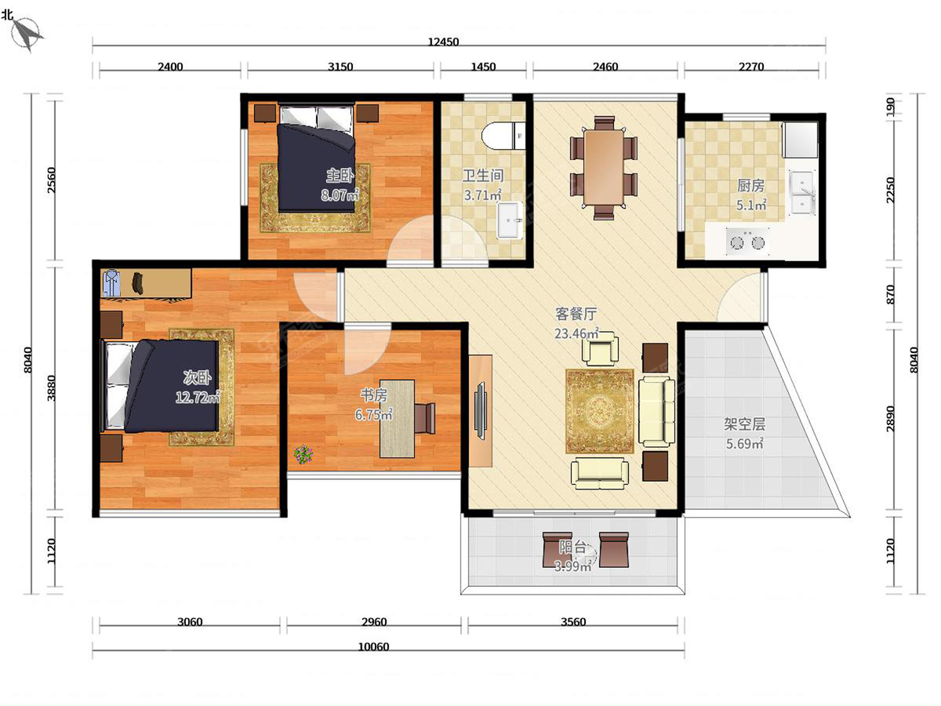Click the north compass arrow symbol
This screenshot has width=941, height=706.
tap(27, 34)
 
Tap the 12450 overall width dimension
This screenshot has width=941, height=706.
tap(443, 42)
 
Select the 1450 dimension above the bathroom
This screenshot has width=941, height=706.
tap(483, 67)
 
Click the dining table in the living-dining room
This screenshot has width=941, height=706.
tap(604, 168)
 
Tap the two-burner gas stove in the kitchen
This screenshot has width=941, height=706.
tap(747, 242)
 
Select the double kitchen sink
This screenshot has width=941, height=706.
tap(802, 192)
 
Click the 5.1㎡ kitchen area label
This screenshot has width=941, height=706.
tap(751, 206)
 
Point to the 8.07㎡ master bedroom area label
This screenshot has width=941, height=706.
tap(340, 195)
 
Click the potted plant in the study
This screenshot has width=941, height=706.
tap(303, 454)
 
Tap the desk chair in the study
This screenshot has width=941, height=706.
tap(425, 418)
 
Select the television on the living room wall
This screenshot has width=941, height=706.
tap(481, 409)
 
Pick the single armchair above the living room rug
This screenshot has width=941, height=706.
tap(600, 348)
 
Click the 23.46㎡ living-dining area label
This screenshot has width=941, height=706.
tap(576, 333)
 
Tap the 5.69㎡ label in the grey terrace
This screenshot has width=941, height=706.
tap(745, 444)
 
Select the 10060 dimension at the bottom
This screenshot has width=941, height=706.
tap(373, 647)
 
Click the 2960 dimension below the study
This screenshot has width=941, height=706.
tap(374, 622)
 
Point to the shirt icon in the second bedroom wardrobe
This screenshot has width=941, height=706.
tap(112, 282)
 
